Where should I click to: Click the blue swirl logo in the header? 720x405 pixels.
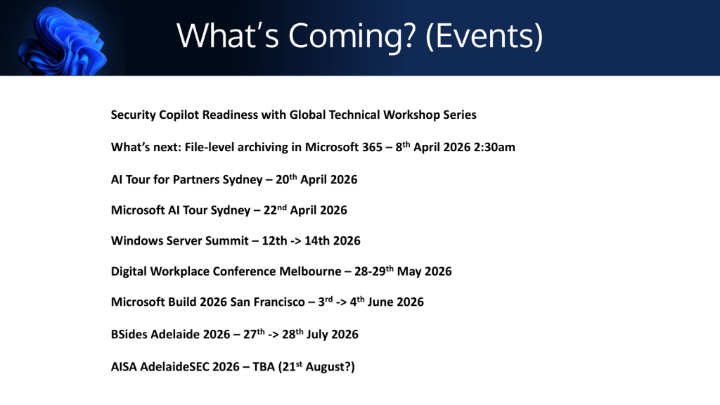pos(62,40)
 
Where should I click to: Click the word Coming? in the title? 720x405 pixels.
pos(352,37)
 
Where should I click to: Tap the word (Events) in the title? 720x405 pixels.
pos(484,37)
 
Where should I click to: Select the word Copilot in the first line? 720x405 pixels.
pos(179,115)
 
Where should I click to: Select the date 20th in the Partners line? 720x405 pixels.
pos(286,179)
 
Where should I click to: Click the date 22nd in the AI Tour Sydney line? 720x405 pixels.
pos(275,210)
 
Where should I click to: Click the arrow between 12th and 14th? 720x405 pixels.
pos(296,241)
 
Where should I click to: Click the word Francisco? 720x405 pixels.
pos(280,302)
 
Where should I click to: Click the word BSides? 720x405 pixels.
pos(129,334)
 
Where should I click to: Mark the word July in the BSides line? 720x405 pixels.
pos(317,334)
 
